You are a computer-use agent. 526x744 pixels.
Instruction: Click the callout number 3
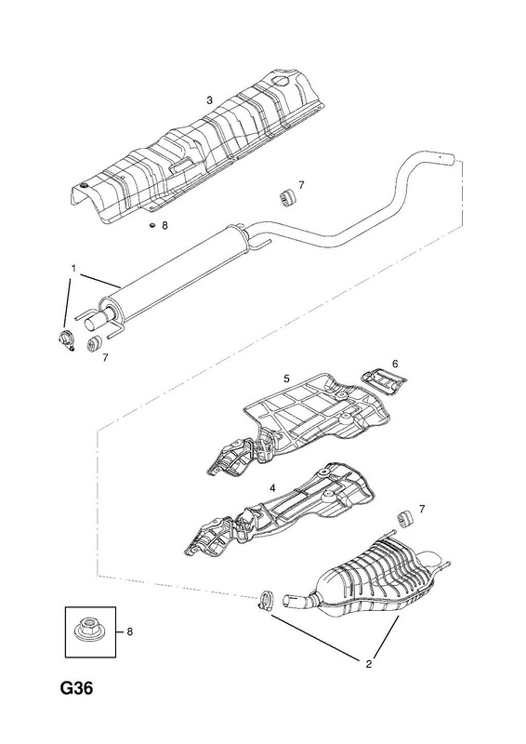coord(209,100)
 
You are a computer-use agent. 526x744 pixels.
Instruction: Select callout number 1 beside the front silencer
coord(73,269)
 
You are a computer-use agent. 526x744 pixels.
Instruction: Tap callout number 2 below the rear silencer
coord(369,664)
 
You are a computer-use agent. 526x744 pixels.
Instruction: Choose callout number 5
coord(286,379)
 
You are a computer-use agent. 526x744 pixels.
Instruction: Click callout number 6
coord(395,364)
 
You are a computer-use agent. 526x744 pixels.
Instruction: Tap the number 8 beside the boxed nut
coord(130,631)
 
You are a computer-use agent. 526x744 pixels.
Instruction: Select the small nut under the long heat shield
coord(152,225)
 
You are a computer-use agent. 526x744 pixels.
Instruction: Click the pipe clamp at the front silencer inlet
coord(66,340)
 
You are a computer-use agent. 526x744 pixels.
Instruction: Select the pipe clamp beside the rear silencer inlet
coord(267,599)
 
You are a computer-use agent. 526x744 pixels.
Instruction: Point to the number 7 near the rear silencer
coord(422,509)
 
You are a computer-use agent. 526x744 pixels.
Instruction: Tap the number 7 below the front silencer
coord(105,357)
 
